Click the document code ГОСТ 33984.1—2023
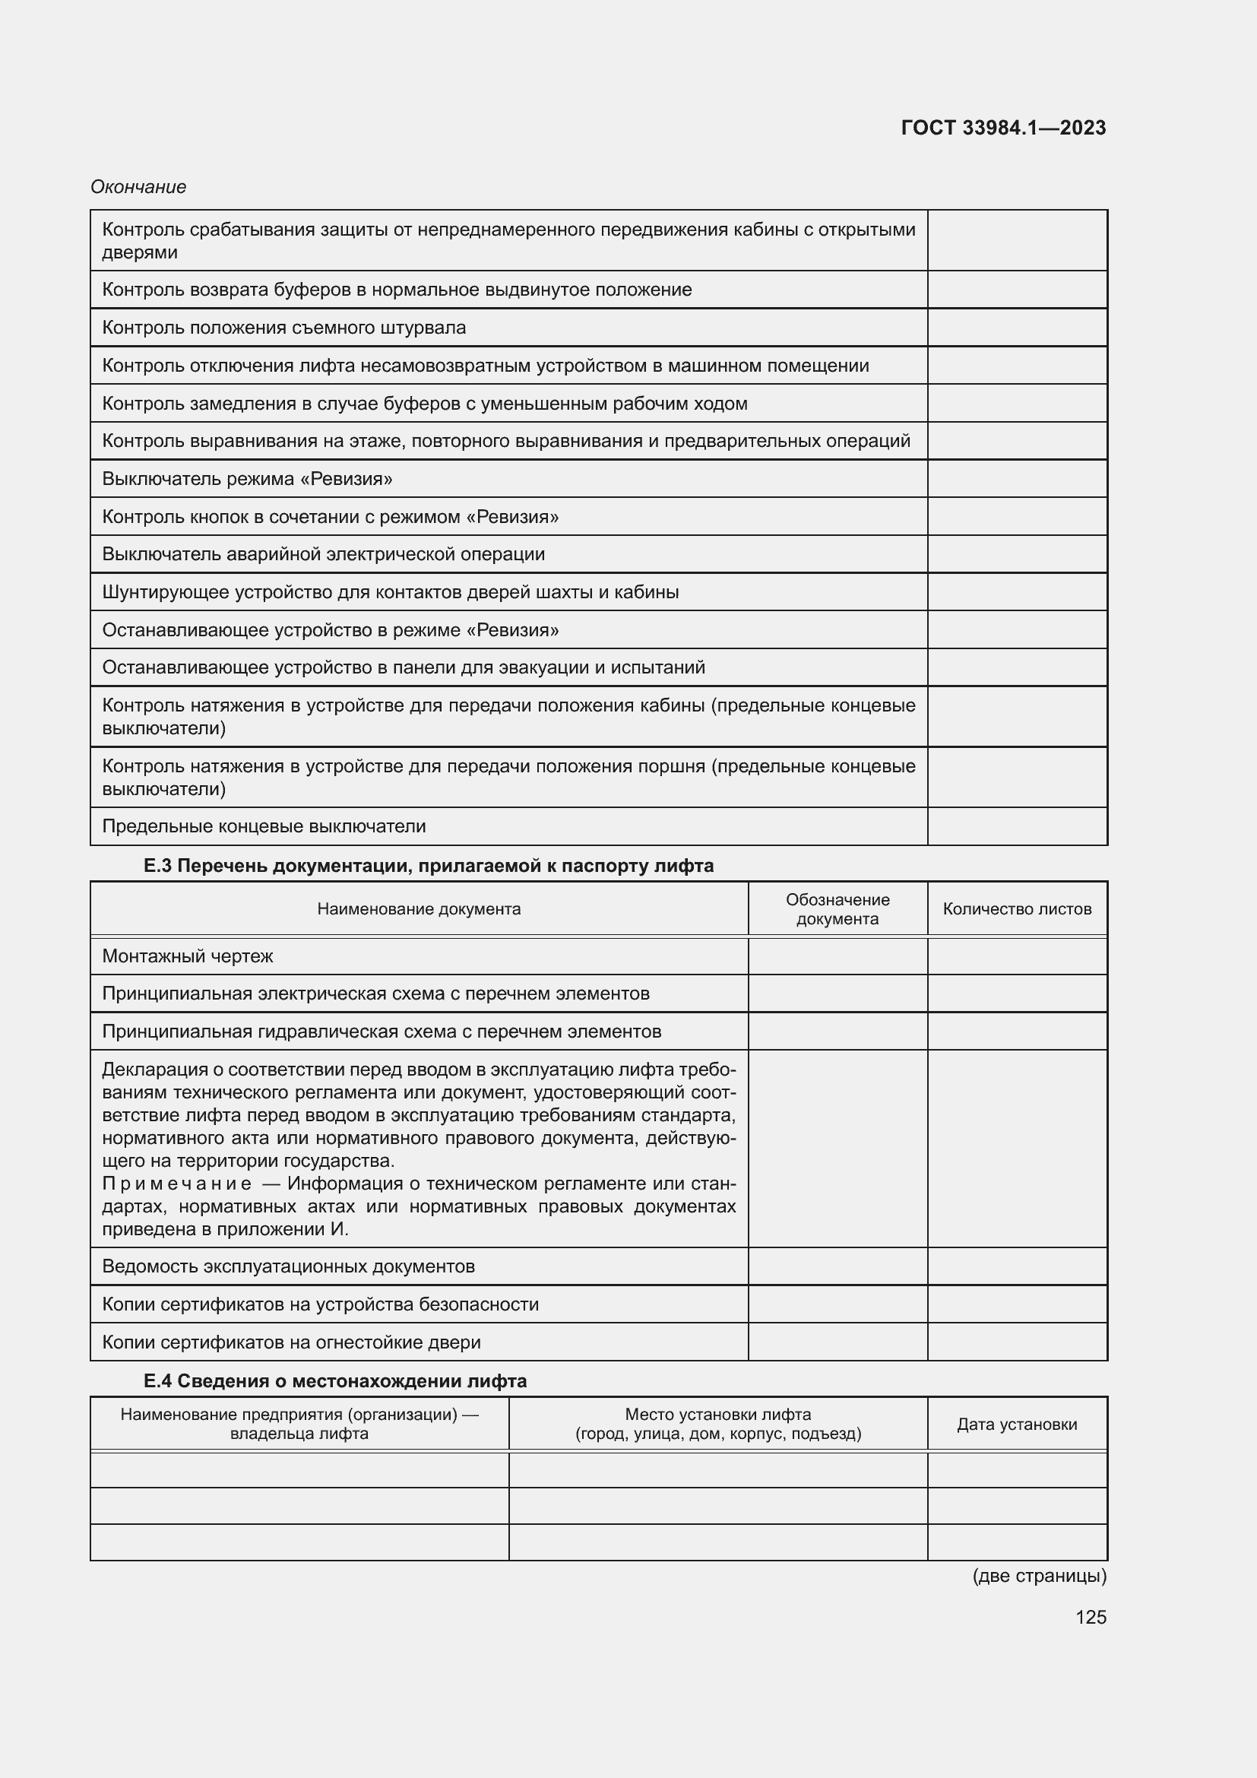click(1003, 128)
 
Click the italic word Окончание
click(138, 187)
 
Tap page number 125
click(1091, 1617)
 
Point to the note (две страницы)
click(1039, 1575)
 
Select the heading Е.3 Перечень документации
click(428, 866)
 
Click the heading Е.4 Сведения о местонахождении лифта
click(334, 1380)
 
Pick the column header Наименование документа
click(419, 908)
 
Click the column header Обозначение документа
click(837, 908)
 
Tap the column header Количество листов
click(1017, 908)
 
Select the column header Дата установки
click(1017, 1424)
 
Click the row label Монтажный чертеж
click(188, 956)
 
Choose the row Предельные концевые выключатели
click(264, 826)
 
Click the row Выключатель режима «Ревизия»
click(247, 479)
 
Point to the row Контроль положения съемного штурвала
click(284, 328)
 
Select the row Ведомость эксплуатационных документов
click(289, 1266)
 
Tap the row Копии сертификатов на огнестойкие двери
click(291, 1342)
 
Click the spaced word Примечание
click(176, 1184)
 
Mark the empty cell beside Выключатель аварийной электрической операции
click(1017, 554)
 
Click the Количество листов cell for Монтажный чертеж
click(1017, 956)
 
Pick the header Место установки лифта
click(717, 1415)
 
